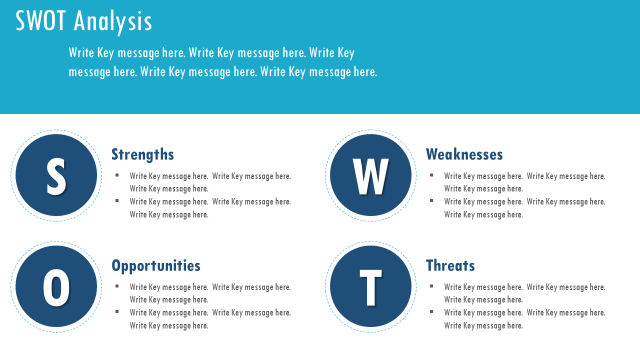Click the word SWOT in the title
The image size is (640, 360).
click(40, 20)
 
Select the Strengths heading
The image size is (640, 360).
click(142, 155)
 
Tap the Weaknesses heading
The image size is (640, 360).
click(464, 154)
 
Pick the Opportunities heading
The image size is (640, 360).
click(156, 266)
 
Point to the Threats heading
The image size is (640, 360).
click(450, 265)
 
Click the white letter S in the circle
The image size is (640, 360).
click(56, 176)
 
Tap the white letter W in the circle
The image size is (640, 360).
click(370, 176)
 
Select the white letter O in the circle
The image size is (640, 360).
click(56, 287)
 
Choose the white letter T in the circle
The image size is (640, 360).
click(370, 287)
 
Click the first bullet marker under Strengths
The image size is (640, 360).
click(117, 175)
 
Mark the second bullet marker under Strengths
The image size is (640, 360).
click(117, 200)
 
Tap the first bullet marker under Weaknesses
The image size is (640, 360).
click(431, 175)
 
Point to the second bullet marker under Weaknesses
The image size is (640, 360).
click(431, 200)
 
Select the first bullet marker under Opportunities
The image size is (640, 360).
click(117, 286)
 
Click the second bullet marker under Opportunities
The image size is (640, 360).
click(117, 311)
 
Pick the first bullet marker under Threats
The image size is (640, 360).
click(431, 286)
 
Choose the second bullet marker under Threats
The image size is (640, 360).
click(431, 311)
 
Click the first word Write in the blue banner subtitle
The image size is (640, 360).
click(81, 53)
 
